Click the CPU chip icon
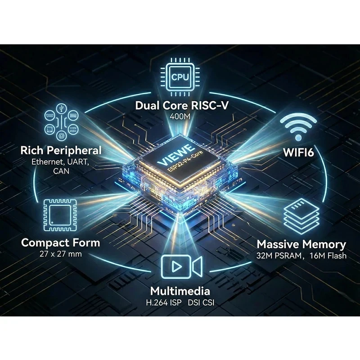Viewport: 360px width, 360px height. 180,77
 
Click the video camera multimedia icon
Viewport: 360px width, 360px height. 182,266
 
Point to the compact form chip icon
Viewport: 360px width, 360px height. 60,215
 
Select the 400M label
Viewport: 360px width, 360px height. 180,117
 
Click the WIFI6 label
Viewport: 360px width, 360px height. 298,152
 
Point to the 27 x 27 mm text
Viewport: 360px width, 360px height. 61,254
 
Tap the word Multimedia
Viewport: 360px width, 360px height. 180,291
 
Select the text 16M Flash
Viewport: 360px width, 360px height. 328,256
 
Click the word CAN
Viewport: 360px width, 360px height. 61,171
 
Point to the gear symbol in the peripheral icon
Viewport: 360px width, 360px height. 61,136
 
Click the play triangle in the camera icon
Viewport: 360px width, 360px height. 176,266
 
